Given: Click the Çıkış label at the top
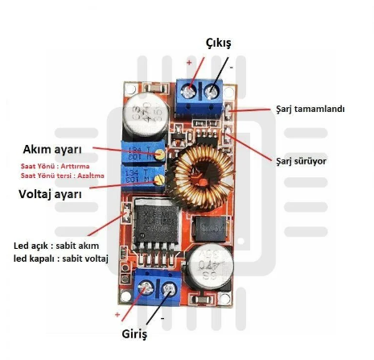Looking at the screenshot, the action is tap(218, 43).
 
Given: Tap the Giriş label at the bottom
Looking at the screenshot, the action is tap(134, 334).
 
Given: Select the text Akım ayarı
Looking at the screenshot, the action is tap(52, 150).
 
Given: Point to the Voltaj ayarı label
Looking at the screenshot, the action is tap(50, 194).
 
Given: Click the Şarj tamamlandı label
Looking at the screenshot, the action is tap(310, 110).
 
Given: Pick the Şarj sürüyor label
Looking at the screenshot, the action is tap(301, 161).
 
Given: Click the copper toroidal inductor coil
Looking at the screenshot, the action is tap(200, 176).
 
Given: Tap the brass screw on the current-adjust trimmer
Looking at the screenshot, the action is tap(160, 154).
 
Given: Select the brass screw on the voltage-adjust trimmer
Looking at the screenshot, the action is tap(160, 180).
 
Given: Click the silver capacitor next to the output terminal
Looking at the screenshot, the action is tap(146, 114).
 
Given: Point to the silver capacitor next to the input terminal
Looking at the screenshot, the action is tap(211, 267).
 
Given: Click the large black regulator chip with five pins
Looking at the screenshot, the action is tap(156, 227).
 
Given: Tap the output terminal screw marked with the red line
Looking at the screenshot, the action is tap(188, 92).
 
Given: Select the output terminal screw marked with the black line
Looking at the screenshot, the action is tap(212, 92).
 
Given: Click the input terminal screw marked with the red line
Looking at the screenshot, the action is tap(145, 289).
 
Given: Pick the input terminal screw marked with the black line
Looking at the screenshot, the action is tap(169, 289).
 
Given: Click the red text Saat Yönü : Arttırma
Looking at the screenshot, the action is tap(55, 166).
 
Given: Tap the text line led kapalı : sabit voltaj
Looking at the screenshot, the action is tap(61, 259).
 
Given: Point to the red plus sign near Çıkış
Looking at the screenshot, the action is tap(189, 63).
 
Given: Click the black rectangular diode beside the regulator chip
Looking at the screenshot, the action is tap(210, 229).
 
